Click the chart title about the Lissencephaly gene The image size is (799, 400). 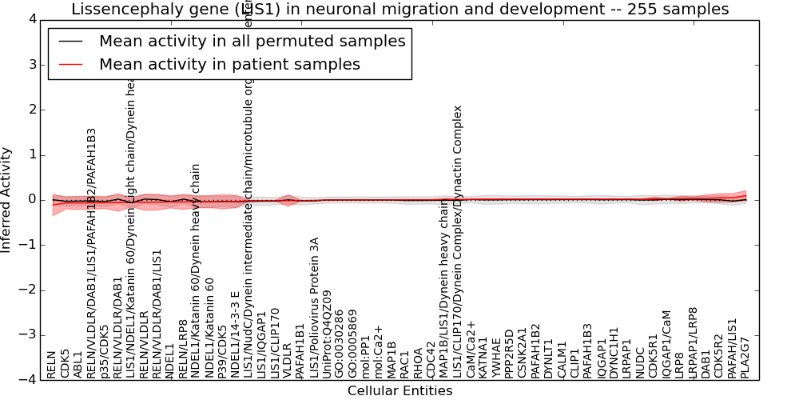coord(399,10)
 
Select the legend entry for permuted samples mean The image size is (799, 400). coord(252,41)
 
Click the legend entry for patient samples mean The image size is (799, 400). coord(229,64)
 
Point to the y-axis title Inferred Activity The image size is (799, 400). coord(6,199)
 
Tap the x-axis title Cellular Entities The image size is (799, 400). coord(399,391)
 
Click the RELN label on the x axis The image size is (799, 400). coord(52,364)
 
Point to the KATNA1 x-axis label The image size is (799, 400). coord(483,357)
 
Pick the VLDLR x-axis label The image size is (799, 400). coord(287,361)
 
